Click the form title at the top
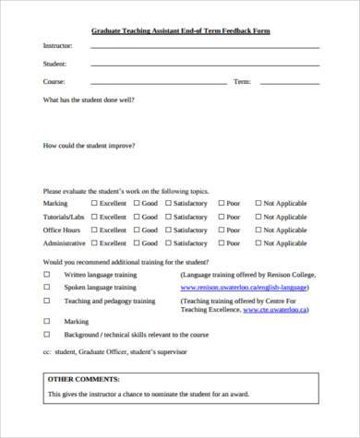click(180, 30)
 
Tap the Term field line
click(287, 84)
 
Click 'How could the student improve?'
click(89, 145)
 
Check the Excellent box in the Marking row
click(93, 203)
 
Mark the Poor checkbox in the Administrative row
click(221, 243)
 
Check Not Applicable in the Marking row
click(258, 203)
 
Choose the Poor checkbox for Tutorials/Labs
click(221, 217)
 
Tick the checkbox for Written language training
click(47, 275)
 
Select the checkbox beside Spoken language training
click(47, 287)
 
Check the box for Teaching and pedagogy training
click(47, 301)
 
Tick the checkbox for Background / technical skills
click(47, 335)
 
